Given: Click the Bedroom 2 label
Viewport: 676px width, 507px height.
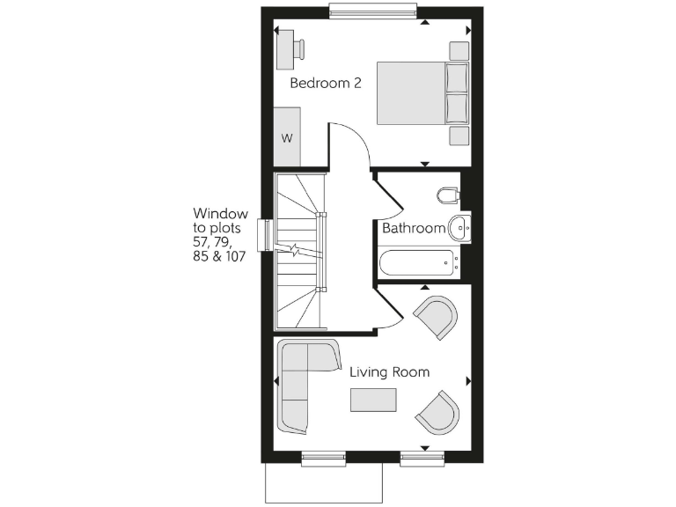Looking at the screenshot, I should click(326, 84).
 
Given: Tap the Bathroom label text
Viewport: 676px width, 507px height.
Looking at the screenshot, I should click(413, 228).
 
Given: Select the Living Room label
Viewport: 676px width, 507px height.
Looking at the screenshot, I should click(389, 372).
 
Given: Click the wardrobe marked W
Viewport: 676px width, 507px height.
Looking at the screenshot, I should click(287, 136).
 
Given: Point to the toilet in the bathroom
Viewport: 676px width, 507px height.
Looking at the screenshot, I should click(448, 195).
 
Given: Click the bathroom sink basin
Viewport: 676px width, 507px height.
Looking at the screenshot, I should click(459, 228).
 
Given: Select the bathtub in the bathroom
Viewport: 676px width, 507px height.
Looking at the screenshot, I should click(418, 262).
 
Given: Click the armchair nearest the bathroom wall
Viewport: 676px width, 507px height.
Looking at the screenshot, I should click(437, 316).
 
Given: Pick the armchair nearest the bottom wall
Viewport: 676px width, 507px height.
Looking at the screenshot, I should click(437, 413).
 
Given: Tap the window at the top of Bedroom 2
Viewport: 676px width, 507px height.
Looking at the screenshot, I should click(373, 10).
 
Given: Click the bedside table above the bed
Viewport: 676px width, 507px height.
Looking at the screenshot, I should click(459, 50).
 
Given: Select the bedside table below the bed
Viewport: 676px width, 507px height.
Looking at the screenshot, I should click(459, 135).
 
